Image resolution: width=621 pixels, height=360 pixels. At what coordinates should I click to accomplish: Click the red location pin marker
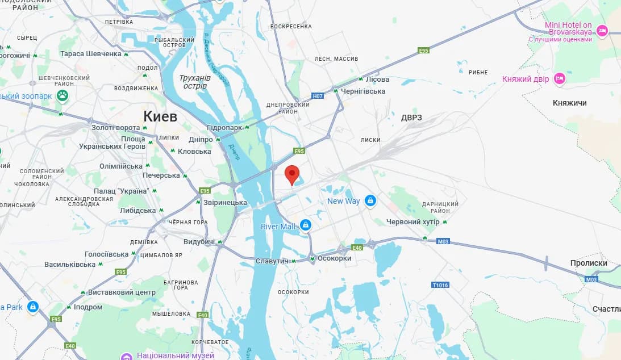pyautogui.click(x=291, y=174)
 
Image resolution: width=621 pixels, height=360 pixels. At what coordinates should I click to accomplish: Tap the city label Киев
pyautogui.click(x=160, y=116)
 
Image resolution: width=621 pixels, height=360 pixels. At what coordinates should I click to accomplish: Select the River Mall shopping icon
pyautogui.click(x=306, y=226)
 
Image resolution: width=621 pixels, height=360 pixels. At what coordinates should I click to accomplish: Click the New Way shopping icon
pyautogui.click(x=370, y=200)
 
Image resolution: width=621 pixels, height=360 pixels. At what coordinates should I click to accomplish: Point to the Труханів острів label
pyautogui.click(x=195, y=81)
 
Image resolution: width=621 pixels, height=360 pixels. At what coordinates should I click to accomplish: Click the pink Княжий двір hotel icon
pyautogui.click(x=560, y=79)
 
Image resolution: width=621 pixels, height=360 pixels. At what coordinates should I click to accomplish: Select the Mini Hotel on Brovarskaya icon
pyautogui.click(x=602, y=31)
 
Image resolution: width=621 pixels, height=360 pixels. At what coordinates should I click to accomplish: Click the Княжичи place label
pyautogui.click(x=569, y=103)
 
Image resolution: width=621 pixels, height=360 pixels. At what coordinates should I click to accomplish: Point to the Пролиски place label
pyautogui.click(x=589, y=263)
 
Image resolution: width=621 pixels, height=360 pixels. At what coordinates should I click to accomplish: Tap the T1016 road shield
pyautogui.click(x=440, y=284)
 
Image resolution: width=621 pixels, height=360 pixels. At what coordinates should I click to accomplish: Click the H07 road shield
pyautogui.click(x=318, y=96)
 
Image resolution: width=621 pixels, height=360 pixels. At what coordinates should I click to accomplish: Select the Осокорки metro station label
pyautogui.click(x=335, y=258)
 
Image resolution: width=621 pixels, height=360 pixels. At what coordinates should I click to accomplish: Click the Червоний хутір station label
pyautogui.click(x=412, y=221)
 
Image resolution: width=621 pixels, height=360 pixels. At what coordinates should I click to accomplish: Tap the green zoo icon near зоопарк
pyautogui.click(x=62, y=95)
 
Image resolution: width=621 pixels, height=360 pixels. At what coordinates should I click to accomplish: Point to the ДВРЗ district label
pyautogui.click(x=411, y=118)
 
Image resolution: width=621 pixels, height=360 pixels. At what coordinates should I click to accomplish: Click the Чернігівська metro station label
pyautogui.click(x=363, y=91)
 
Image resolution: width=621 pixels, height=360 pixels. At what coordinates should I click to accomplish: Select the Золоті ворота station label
pyautogui.click(x=115, y=127)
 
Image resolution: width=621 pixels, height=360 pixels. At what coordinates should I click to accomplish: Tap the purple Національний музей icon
pyautogui.click(x=127, y=356)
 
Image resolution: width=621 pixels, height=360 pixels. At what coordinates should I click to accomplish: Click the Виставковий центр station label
pyautogui.click(x=122, y=292)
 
